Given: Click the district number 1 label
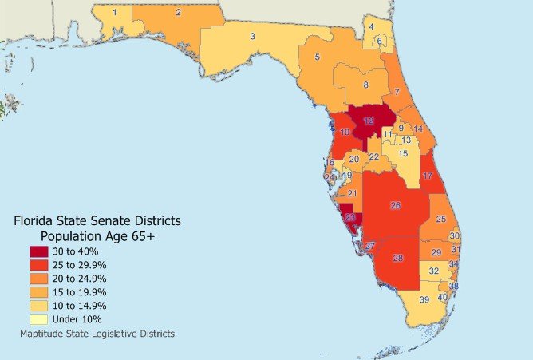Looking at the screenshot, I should pos(115,12).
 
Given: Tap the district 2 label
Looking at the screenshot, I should pos(178,12).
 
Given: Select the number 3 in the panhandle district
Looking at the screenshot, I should pos(252,36).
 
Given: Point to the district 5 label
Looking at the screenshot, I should pos(317,57).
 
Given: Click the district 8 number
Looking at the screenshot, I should pos(365,85).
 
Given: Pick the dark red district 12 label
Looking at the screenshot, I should pos(369,121).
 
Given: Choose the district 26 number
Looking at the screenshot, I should pos(395,205).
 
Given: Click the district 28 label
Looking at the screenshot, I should pos(398,258).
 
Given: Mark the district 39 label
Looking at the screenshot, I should pos(424,299).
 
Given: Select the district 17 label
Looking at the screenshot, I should pos(428,176).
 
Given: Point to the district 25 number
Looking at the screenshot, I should pos(440,220).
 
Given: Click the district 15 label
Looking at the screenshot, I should pos(403,153).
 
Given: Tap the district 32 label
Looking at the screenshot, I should pos(434,271).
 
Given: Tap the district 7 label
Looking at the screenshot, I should pos(397,92).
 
